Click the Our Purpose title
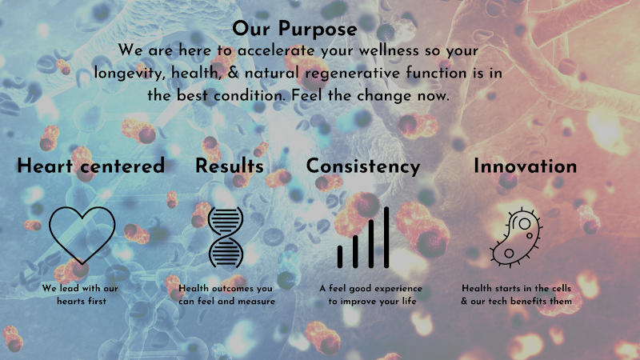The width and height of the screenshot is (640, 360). coord(294,29)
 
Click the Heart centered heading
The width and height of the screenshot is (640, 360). coord(90,166)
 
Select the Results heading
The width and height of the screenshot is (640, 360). coord(230,166)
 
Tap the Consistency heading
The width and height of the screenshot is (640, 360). coord(363,166)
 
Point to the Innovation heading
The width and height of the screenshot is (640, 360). coord(525,166)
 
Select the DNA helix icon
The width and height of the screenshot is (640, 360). coord(226,236)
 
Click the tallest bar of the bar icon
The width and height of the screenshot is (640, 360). coord(386,237)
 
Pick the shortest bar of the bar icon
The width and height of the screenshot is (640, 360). coord(340,256)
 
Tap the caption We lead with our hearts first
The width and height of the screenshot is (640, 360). coord(81,294)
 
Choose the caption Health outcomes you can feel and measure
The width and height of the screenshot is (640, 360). coord(227,294)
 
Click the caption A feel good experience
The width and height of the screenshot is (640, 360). coord(370,288)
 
